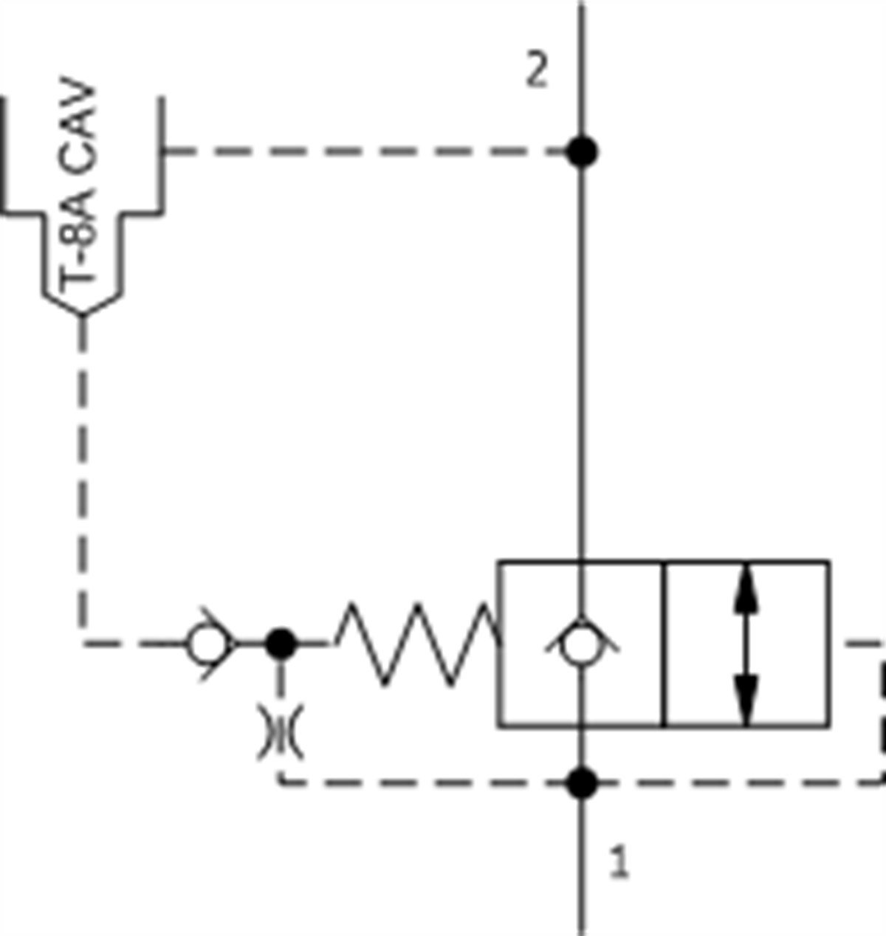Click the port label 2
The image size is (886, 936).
(537, 72)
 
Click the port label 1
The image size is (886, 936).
(619, 861)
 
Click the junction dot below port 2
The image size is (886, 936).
(583, 152)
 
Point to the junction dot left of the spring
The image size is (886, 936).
(281, 644)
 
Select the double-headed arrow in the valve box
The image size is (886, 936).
(746, 644)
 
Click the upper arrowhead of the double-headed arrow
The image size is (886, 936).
(746, 587)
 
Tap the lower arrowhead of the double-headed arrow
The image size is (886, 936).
(746, 701)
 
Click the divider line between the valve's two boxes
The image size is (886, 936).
(664, 644)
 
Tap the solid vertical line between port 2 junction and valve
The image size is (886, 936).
(583, 354)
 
